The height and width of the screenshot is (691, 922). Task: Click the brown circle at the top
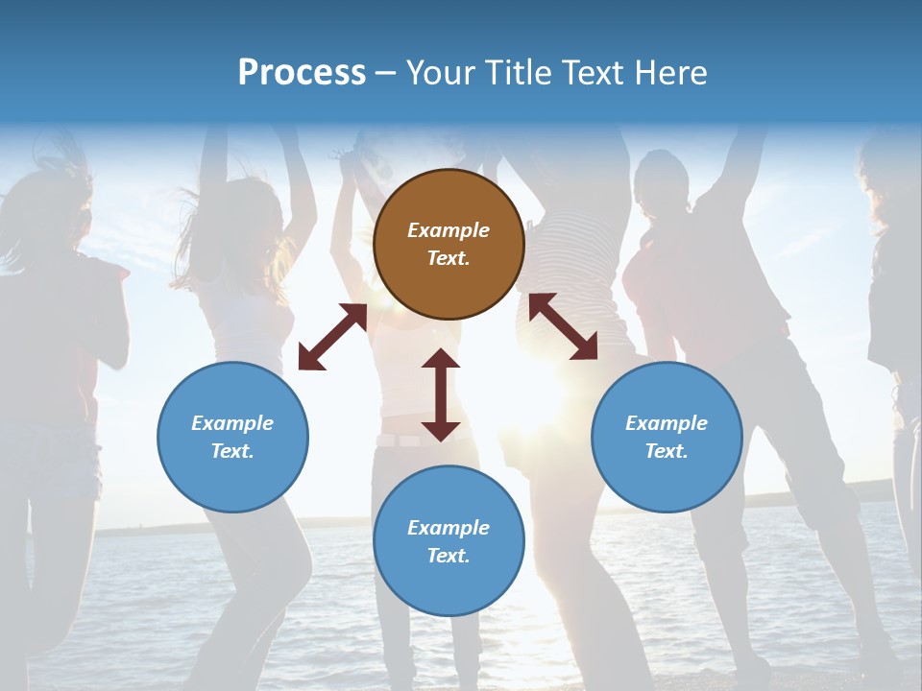pyautogui.click(x=449, y=245)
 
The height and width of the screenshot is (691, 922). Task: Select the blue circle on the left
pyautogui.click(x=232, y=437)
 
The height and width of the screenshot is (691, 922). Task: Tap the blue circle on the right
pyautogui.click(x=667, y=437)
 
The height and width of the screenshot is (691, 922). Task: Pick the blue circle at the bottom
pyautogui.click(x=449, y=541)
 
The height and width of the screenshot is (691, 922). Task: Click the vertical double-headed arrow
pyautogui.click(x=441, y=394)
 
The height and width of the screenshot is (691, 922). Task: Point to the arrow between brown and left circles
pyautogui.click(x=332, y=337)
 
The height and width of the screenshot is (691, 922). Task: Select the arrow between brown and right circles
pyautogui.click(x=564, y=326)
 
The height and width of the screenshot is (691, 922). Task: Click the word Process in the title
pyautogui.click(x=302, y=73)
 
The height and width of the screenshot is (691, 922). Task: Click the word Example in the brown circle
pyautogui.click(x=449, y=230)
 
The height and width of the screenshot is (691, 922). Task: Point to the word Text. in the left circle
pyautogui.click(x=232, y=451)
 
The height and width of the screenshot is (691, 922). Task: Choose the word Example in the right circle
pyautogui.click(x=667, y=423)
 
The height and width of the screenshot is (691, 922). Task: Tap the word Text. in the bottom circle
pyautogui.click(x=449, y=556)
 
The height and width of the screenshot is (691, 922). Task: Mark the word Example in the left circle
pyautogui.click(x=232, y=423)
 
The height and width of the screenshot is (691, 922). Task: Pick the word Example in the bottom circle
pyautogui.click(x=449, y=528)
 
